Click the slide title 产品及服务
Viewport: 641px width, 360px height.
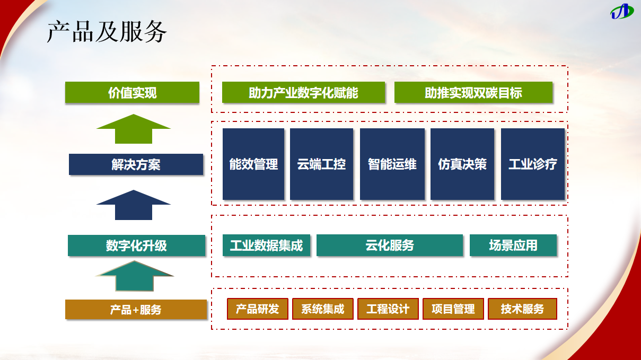point(107,32)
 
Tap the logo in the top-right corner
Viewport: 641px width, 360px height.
point(621,11)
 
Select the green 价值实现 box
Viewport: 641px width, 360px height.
point(132,93)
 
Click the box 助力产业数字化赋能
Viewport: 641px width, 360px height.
point(303,93)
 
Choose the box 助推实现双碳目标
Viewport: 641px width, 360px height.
point(473,93)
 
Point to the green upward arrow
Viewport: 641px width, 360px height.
point(134,129)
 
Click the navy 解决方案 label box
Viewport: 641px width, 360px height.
point(136,164)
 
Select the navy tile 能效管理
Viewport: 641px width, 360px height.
point(253,164)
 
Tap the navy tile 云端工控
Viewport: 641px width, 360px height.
point(321,164)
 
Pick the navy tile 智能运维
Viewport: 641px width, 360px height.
point(392,164)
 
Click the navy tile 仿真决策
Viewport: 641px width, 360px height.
point(462,164)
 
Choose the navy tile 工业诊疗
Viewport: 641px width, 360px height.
point(532,164)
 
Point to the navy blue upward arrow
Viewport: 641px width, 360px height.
point(134,205)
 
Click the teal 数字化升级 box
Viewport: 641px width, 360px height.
point(136,245)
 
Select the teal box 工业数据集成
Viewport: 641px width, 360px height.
point(266,245)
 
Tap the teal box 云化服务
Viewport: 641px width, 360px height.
point(390,245)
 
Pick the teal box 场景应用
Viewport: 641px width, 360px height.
point(513,245)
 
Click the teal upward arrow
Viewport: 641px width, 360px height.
point(135,276)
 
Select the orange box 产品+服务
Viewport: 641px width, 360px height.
point(136,310)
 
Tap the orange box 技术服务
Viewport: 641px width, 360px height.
point(522,309)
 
